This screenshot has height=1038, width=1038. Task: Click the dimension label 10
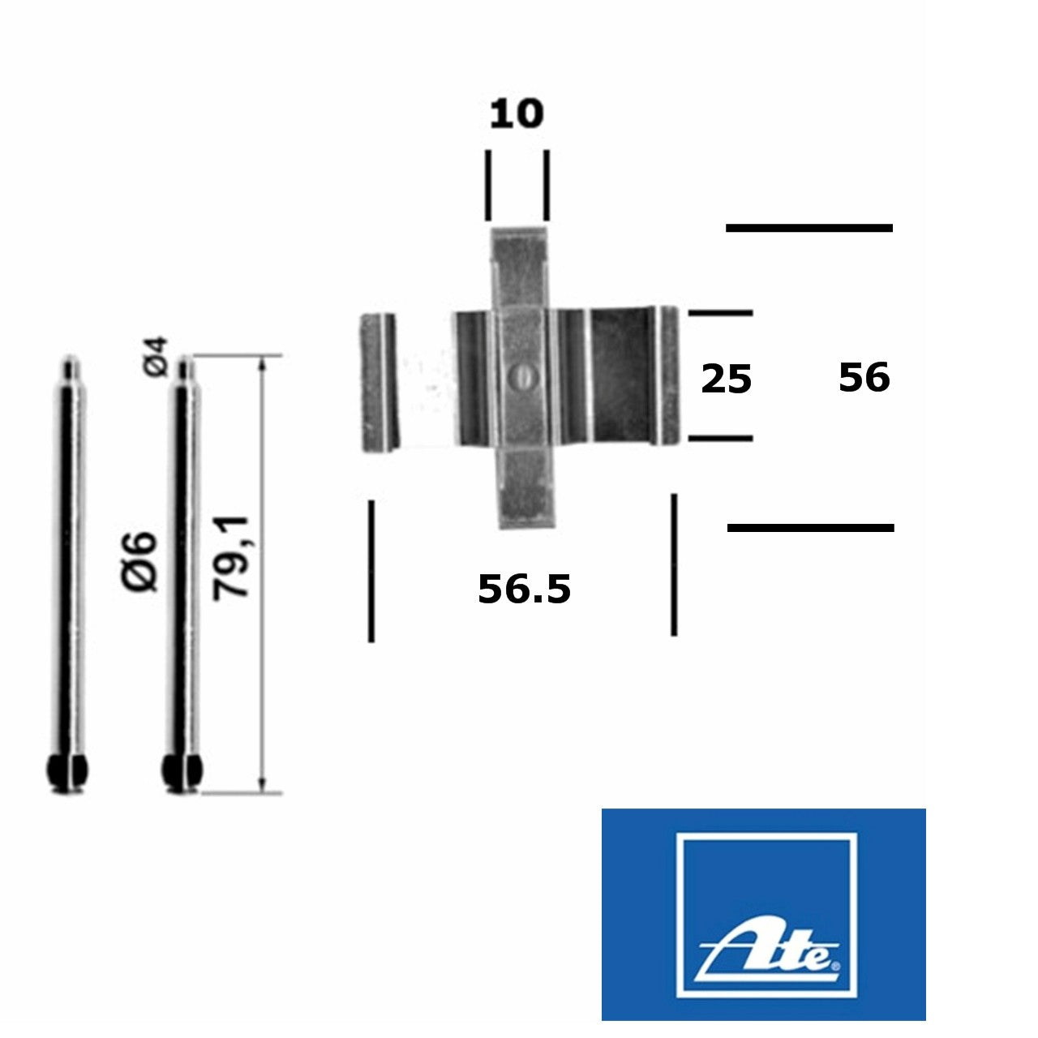[x=516, y=114]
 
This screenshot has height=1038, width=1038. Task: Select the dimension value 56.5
[x=524, y=589]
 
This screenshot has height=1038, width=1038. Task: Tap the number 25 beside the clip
[x=726, y=380]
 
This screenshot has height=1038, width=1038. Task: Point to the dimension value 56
[x=864, y=378]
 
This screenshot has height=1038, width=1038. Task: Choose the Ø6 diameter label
[x=139, y=562]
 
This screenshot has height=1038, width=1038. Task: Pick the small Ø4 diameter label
[x=156, y=357]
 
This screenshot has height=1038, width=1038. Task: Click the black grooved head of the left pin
[x=66, y=771]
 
